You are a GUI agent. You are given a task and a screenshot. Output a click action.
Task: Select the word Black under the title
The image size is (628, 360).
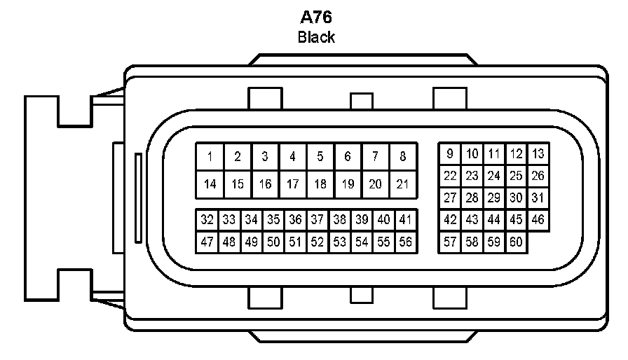[x=316, y=37]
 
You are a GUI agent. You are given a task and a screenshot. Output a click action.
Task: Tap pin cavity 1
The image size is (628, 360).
[x=210, y=157]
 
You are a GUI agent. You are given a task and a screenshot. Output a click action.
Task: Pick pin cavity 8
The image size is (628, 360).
[x=403, y=157]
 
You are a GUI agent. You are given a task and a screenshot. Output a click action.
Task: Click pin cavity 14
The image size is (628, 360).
[x=210, y=184]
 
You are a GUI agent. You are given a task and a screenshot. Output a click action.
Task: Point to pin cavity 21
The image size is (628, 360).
[x=403, y=184]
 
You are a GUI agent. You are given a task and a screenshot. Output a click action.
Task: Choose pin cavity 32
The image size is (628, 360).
[x=207, y=220]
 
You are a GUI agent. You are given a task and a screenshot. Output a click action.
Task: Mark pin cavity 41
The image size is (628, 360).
[x=405, y=220]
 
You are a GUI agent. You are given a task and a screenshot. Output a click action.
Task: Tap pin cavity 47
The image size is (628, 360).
[x=207, y=242]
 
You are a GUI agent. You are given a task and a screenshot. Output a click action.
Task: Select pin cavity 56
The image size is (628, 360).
[x=405, y=242]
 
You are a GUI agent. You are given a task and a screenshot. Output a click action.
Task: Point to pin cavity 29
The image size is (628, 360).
[x=494, y=198]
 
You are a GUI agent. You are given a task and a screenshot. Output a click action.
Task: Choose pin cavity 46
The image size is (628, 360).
[x=538, y=220]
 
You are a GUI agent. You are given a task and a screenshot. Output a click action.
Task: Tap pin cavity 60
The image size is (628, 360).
[x=516, y=242]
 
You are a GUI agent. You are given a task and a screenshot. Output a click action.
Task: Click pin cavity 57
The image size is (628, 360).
[x=450, y=242]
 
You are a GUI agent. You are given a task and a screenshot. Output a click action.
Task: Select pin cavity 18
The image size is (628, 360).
[x=320, y=184]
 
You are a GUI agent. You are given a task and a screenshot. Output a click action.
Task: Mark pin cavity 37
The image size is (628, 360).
[x=317, y=220]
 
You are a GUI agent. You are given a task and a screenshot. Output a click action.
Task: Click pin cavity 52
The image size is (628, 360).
[x=317, y=242]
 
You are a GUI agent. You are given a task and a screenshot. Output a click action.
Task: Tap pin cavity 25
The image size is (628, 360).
[x=516, y=176]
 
